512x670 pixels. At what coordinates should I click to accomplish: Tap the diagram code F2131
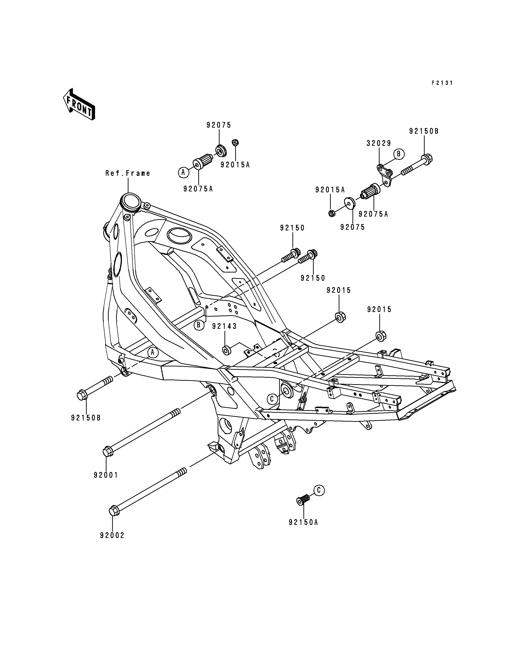coord(442,83)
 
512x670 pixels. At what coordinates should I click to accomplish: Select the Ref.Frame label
coord(128,173)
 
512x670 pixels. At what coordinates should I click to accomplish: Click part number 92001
coord(106,475)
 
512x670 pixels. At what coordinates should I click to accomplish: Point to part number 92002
coord(112,535)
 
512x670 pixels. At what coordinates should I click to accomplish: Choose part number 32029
coord(379,143)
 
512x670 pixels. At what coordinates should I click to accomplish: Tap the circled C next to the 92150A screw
coord(319,490)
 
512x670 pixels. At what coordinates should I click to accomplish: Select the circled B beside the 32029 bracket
coord(399,154)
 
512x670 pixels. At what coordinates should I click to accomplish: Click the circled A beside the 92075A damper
coord(183,172)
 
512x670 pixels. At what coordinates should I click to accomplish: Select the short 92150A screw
coord(303,500)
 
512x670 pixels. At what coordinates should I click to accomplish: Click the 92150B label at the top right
coord(424,131)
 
